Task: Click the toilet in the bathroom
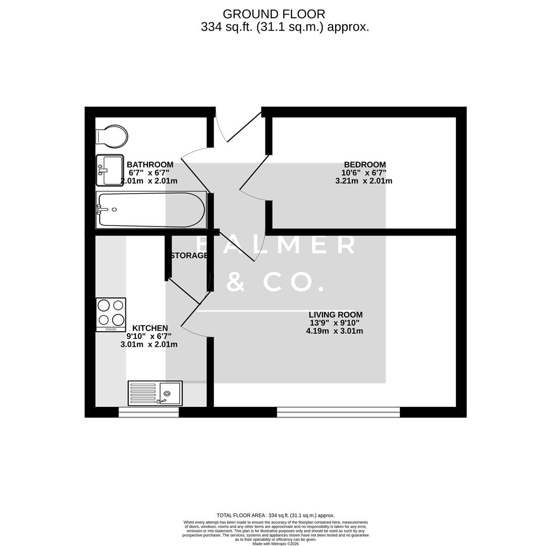(112, 136)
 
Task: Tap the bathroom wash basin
(110, 170)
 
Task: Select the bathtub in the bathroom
(151, 210)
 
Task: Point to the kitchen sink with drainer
(155, 393)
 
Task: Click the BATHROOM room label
(150, 165)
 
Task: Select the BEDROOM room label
(364, 165)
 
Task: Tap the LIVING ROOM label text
(335, 315)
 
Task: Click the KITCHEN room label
(150, 328)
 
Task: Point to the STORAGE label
(189, 256)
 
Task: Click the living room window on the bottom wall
(338, 412)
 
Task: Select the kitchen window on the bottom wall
(149, 413)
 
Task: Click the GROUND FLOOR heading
(274, 14)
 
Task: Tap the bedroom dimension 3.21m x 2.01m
(363, 181)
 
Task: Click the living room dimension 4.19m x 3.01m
(334, 331)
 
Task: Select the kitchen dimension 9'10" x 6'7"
(149, 336)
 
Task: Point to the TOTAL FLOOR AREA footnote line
(275, 516)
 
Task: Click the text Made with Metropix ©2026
(275, 544)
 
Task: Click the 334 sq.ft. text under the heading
(226, 27)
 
